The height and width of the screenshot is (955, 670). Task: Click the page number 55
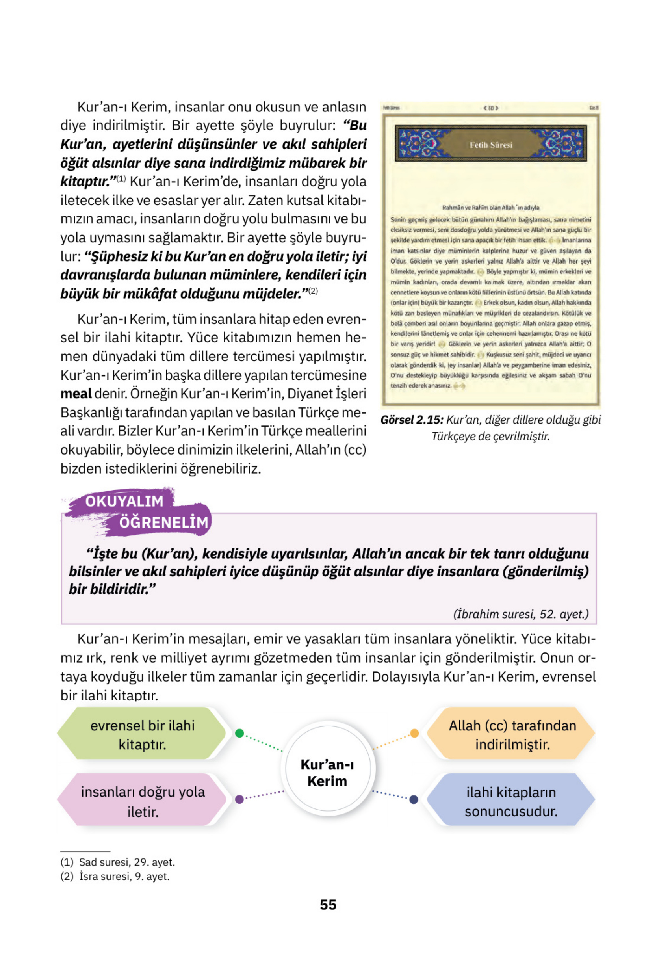[328, 904]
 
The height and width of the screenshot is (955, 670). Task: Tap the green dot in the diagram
[239, 733]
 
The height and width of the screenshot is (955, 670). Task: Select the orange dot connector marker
[414, 733]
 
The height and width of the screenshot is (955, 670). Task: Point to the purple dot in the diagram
[239, 799]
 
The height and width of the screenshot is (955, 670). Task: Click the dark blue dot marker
[414, 799]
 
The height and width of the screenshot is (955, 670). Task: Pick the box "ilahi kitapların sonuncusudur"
[511, 801]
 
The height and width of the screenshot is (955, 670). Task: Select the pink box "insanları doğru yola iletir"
[142, 801]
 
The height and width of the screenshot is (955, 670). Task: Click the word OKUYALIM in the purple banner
[124, 501]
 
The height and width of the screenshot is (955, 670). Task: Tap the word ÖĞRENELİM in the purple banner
[163, 522]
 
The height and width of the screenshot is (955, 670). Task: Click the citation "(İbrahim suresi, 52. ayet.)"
[521, 614]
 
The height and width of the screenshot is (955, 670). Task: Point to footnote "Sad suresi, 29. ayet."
[127, 862]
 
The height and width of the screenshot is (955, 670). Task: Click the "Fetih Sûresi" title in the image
[491, 145]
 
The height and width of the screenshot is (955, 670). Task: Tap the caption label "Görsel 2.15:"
[412, 420]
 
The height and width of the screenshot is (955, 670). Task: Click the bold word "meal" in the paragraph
[76, 394]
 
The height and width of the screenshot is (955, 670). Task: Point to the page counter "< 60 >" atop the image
[491, 108]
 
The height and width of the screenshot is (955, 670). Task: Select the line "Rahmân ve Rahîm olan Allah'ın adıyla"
[491, 208]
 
